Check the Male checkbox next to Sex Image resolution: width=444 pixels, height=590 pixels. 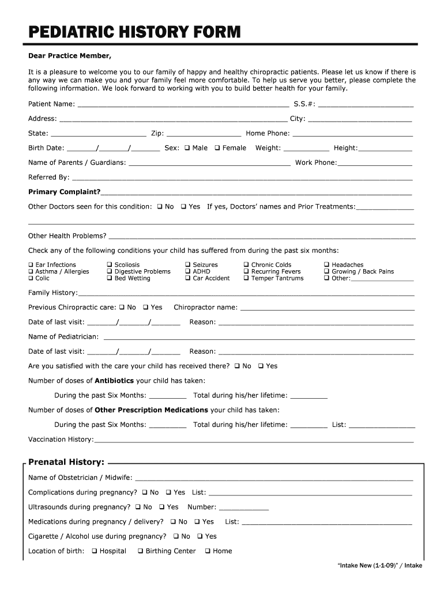[x=187, y=148]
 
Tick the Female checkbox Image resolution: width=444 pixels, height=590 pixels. [x=217, y=148]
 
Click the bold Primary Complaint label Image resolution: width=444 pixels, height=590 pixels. [x=64, y=192]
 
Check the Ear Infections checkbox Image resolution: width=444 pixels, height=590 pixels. [x=31, y=265]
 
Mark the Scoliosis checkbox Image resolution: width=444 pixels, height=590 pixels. [x=110, y=265]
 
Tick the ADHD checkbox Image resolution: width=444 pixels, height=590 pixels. [x=188, y=271]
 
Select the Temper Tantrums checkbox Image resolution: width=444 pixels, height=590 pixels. [x=246, y=278]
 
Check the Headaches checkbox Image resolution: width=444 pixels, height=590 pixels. [x=327, y=265]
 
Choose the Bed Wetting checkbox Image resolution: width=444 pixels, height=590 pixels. [x=110, y=278]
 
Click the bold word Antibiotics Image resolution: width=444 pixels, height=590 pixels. [x=114, y=381]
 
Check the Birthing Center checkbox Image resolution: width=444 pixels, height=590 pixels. [x=141, y=551]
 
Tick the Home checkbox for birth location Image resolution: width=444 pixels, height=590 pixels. [x=208, y=551]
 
